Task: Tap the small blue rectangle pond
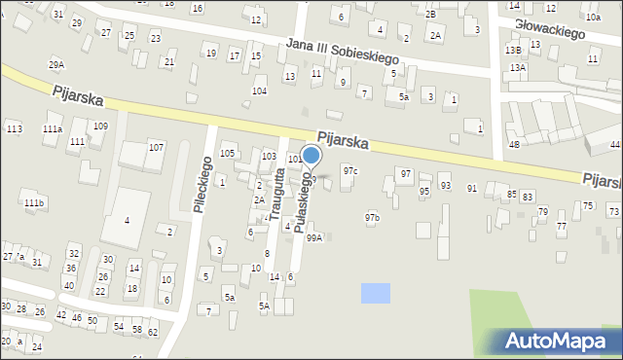pos(375,292)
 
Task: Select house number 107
pos(156,147)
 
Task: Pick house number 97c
pos(350,171)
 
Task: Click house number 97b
pos(372,217)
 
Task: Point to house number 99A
pos(313,237)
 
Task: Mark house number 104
pos(259,90)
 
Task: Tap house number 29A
pos(56,64)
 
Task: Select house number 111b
pos(34,202)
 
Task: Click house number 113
pos(14,129)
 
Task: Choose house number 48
pos(514,144)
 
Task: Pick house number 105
pos(228,154)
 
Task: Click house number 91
pos(472,188)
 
